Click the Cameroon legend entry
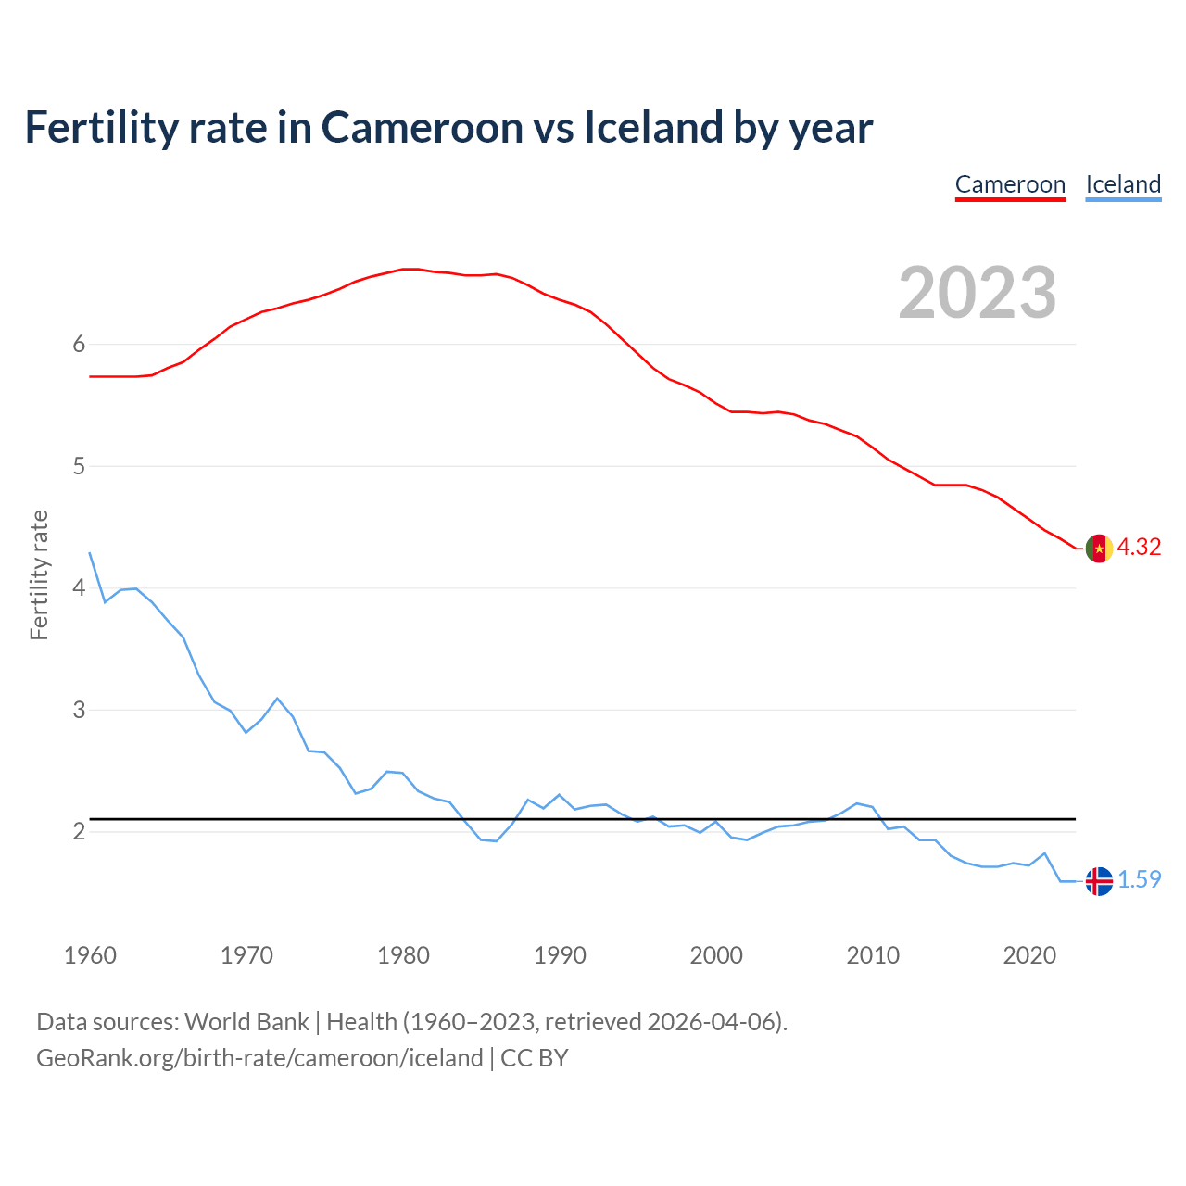[x=1010, y=184]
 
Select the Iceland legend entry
[x=1123, y=184]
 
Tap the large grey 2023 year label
[x=977, y=293]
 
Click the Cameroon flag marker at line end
[x=1099, y=549]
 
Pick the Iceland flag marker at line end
[x=1099, y=880]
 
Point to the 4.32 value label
[x=1139, y=548]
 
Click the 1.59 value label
[x=1139, y=880]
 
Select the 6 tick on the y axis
[x=79, y=345]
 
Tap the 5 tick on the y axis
[x=79, y=466]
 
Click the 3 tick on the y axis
[x=79, y=710]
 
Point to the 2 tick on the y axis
[x=79, y=832]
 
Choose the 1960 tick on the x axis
[x=90, y=955]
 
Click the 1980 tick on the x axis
[x=403, y=955]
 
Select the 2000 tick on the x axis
[x=716, y=955]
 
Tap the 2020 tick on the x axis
[x=1029, y=955]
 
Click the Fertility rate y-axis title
[x=39, y=574]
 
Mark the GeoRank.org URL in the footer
[x=259, y=1058]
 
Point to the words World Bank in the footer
[x=246, y=1022]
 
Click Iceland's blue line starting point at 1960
[x=90, y=553]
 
